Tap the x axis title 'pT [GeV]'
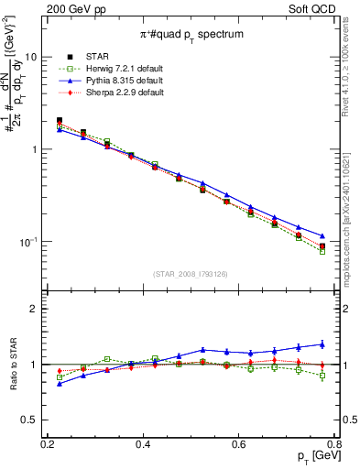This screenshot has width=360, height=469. click(312, 459)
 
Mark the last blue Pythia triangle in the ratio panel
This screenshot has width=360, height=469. click(322, 344)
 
